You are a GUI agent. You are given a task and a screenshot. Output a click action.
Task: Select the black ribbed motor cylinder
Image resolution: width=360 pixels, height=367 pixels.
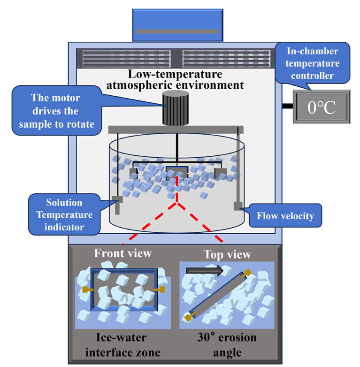(x=176, y=108)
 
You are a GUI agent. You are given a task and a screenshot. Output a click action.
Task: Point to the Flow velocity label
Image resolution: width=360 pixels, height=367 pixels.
(x=285, y=216)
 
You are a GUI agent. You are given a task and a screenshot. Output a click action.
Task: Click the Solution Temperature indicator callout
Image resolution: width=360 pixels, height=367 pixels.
(x=64, y=215)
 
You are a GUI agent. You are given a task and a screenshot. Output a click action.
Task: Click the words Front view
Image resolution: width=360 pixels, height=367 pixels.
(x=123, y=253)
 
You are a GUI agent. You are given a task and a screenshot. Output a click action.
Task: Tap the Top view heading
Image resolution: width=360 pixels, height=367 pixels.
(x=227, y=254)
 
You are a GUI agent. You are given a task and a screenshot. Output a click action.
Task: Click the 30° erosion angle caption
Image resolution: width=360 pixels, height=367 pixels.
(x=227, y=344)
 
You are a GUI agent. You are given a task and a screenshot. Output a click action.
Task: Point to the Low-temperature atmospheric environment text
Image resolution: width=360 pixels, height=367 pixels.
(x=176, y=80)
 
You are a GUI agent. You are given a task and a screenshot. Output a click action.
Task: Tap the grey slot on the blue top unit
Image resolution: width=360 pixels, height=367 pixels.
(x=177, y=31)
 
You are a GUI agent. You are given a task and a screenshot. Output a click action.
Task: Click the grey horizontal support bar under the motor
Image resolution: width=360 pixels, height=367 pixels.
(x=176, y=129)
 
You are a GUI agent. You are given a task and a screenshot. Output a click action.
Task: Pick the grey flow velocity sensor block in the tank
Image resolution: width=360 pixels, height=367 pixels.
(x=237, y=206)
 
